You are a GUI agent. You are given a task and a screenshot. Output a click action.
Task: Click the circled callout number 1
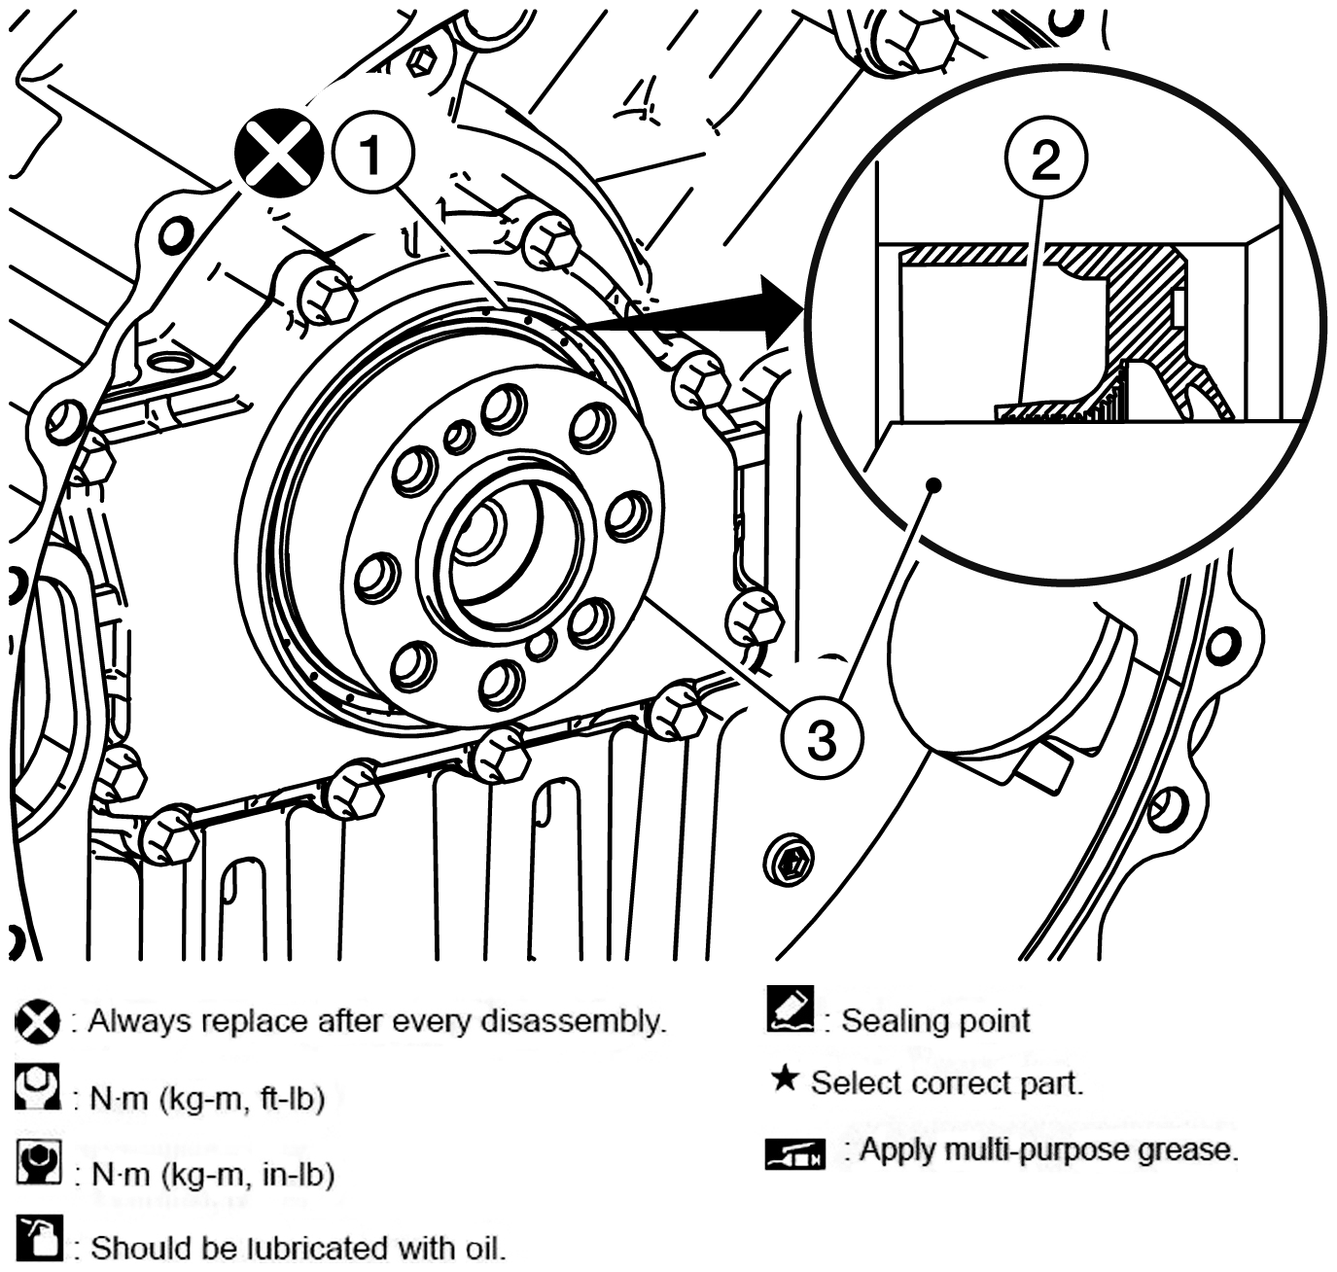click(372, 155)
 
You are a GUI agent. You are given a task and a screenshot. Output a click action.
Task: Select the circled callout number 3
click(823, 739)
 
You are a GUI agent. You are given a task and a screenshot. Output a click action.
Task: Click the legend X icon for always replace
click(37, 1021)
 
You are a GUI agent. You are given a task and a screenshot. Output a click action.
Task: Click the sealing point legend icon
click(791, 1018)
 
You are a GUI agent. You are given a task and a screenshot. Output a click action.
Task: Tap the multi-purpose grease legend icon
click(795, 1153)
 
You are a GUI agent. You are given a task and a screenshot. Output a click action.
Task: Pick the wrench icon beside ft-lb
click(37, 1086)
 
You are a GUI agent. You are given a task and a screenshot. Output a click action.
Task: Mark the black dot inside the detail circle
click(934, 485)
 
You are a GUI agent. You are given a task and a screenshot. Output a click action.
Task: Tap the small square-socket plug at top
click(422, 62)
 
